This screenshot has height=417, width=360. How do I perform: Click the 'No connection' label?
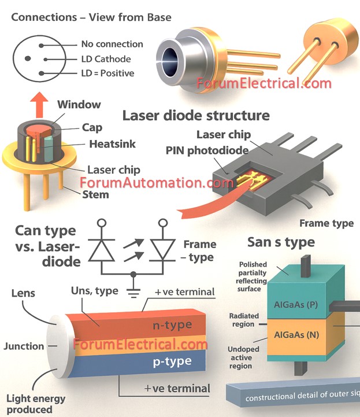tap(112, 44)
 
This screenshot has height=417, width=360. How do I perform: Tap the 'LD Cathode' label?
tap(106, 58)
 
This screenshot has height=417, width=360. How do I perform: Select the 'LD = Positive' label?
tap(107, 73)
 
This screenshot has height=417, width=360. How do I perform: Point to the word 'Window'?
tap(79, 105)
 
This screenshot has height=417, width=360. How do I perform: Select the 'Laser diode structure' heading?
tap(196, 115)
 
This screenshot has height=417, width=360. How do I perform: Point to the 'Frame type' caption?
tap(326, 223)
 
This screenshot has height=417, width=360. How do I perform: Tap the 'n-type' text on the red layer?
tap(171, 324)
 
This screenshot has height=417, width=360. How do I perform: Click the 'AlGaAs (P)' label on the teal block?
tap(295, 304)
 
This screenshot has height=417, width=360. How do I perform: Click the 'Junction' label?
tap(24, 346)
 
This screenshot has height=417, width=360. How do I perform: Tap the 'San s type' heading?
tap(281, 241)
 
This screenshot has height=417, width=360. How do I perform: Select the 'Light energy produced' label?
tap(35, 404)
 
